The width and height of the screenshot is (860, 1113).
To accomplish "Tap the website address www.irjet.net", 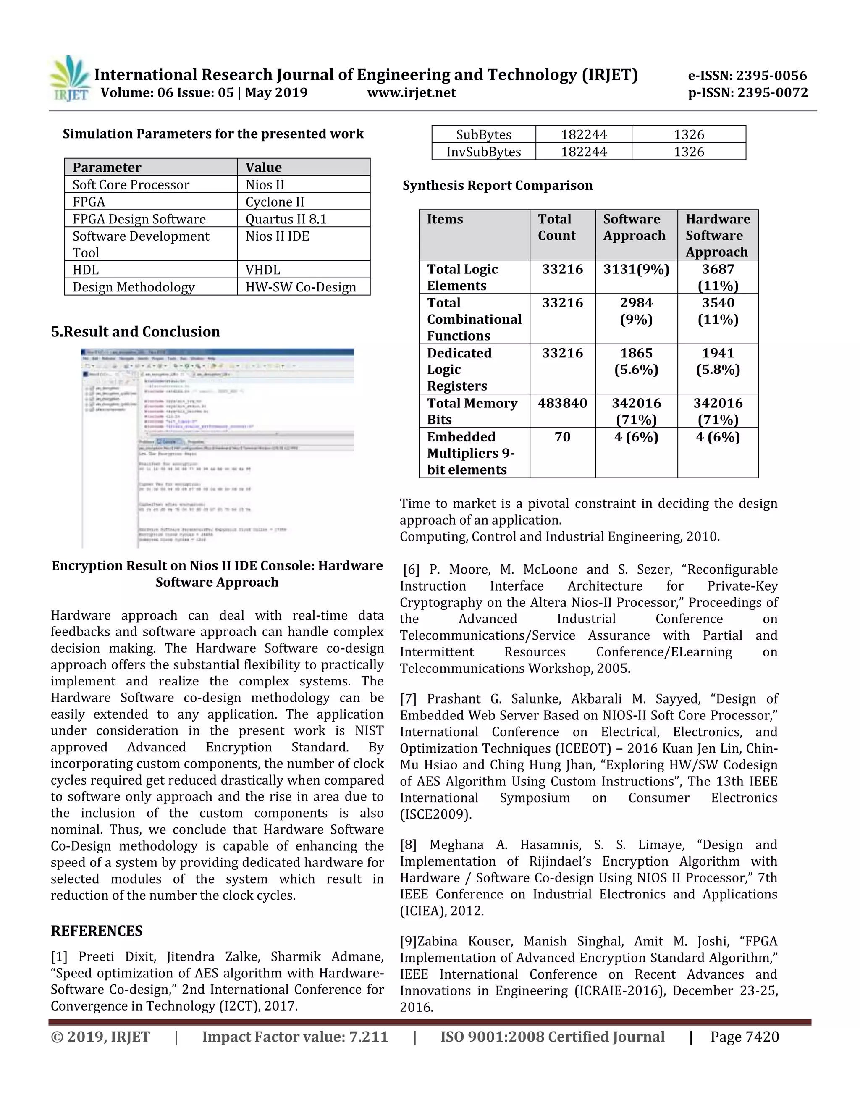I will click(x=411, y=93).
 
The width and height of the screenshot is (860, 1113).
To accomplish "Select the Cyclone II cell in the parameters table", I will click(x=275, y=202).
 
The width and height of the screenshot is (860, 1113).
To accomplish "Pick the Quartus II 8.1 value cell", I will click(x=286, y=219).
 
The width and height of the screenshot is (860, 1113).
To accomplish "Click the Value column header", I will click(x=263, y=168).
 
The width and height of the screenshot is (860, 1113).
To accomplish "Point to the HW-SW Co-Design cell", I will click(x=301, y=287).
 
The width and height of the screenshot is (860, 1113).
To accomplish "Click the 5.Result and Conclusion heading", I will click(x=136, y=332).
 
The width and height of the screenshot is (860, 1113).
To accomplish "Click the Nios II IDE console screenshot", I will click(x=218, y=448).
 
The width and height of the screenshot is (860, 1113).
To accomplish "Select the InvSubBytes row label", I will click(x=483, y=152).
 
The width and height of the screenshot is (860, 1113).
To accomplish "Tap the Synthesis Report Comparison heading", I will click(x=497, y=186).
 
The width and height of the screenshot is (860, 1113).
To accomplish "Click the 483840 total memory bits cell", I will click(x=562, y=403).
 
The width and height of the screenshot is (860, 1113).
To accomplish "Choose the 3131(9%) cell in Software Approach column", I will click(x=636, y=269).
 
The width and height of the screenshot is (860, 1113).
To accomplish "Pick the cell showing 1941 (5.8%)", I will click(x=718, y=361).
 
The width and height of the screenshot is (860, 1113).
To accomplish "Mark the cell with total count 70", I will click(x=562, y=437).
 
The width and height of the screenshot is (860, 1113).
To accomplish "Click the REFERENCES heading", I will click(x=97, y=931).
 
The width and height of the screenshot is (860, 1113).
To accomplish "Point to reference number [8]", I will click(x=408, y=845).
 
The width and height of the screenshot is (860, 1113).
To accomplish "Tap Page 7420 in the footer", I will click(x=745, y=1037).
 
